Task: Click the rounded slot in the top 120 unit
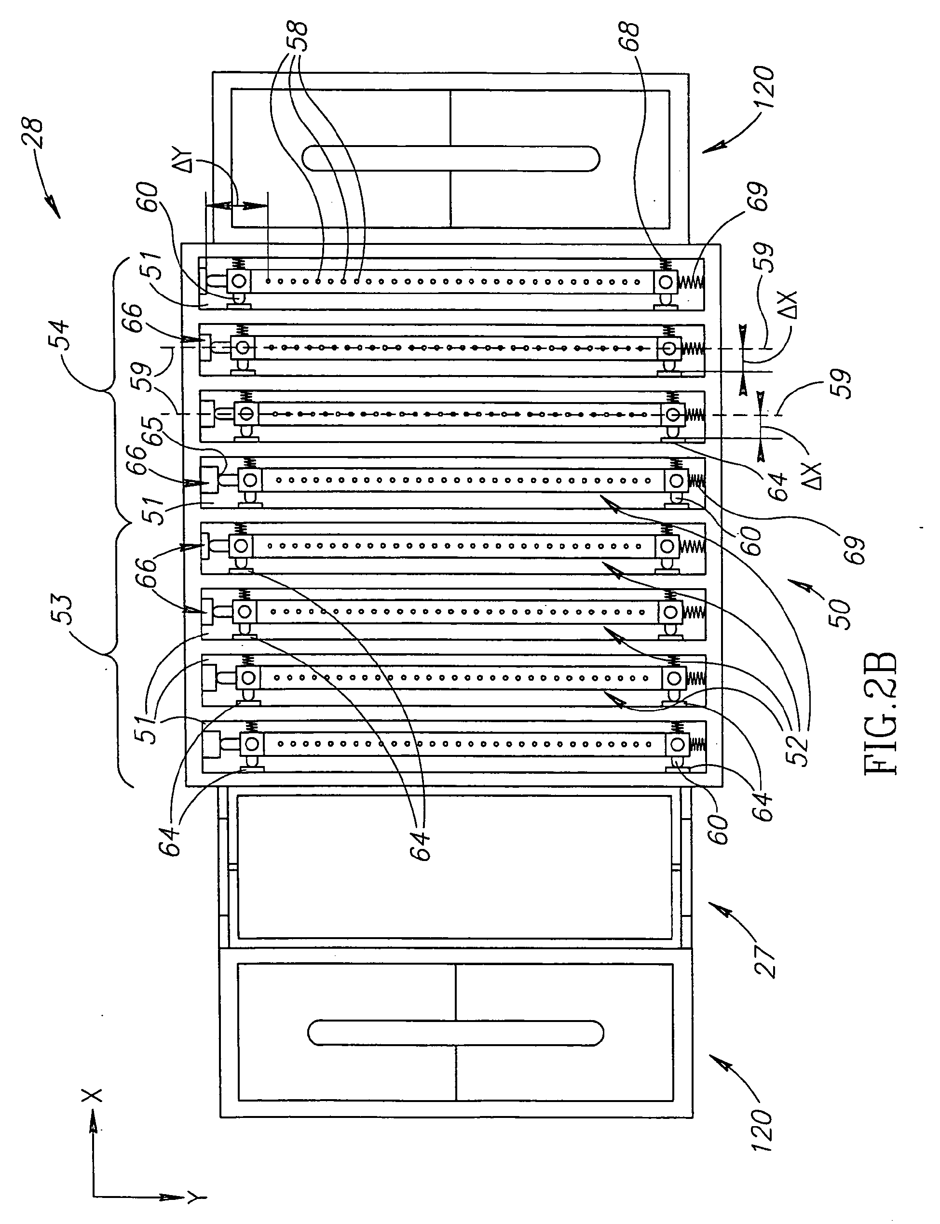point(451,158)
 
